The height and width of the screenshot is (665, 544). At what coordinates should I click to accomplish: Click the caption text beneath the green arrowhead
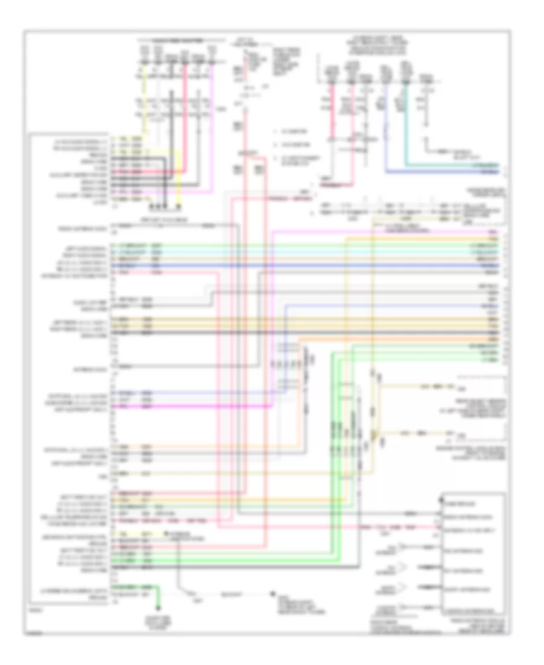coord(160,617)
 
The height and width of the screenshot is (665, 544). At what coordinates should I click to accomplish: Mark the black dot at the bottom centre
coord(273,595)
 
